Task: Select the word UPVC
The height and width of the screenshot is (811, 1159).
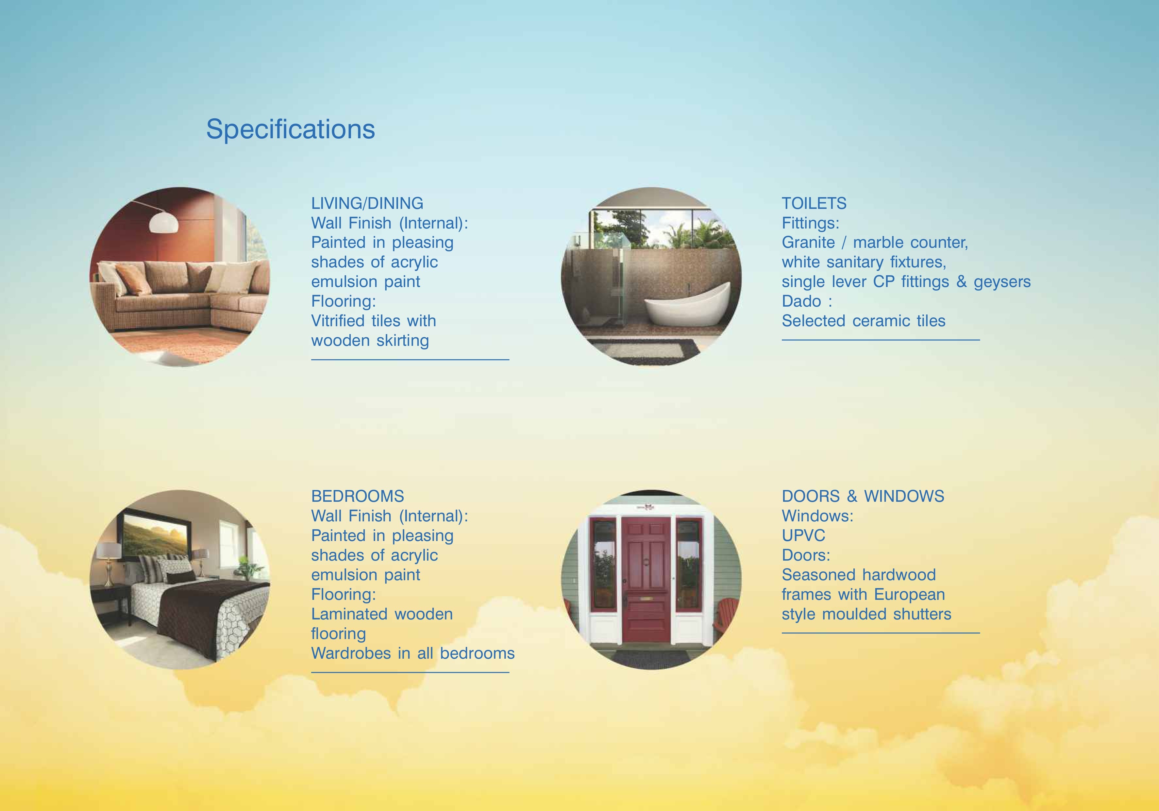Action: [x=803, y=535]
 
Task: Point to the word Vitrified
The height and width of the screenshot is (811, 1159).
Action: [x=338, y=321]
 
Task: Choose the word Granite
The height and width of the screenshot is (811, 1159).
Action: [x=808, y=243]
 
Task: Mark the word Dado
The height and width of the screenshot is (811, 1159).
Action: [x=801, y=301]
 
